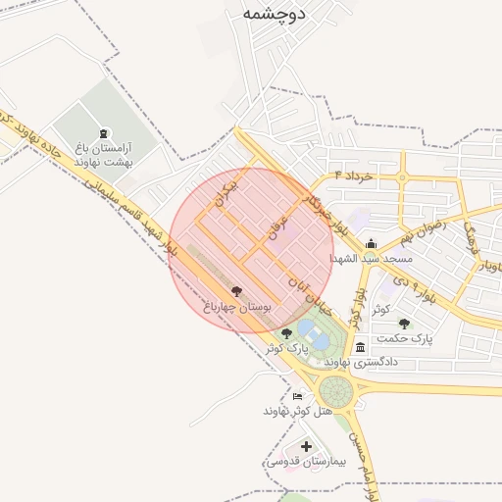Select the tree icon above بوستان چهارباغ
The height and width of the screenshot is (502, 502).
[236, 291]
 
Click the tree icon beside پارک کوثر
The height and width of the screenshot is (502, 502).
[286, 334]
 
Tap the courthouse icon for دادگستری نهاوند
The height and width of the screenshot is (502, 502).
[361, 347]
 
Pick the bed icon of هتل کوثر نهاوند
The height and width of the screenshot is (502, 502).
[297, 396]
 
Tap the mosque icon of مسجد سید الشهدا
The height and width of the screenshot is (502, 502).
[370, 244]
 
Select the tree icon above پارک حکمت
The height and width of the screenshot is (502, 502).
[404, 323]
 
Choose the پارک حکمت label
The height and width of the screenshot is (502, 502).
[408, 338]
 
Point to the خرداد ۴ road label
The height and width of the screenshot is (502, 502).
[354, 175]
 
